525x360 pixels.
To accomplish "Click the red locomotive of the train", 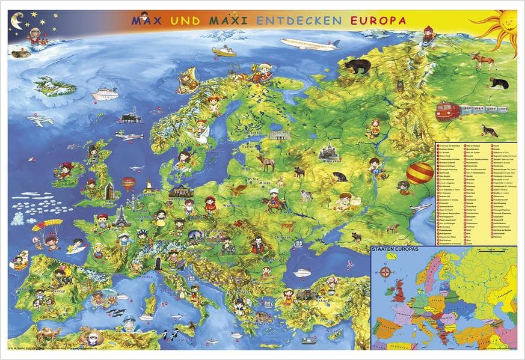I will tap(464, 111).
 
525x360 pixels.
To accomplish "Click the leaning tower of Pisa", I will tap(158, 263).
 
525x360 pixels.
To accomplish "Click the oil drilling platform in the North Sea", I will tap(130, 116).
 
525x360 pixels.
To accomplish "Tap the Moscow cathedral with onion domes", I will tap(330, 154).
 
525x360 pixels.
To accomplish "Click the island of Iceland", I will tap(55, 87).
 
